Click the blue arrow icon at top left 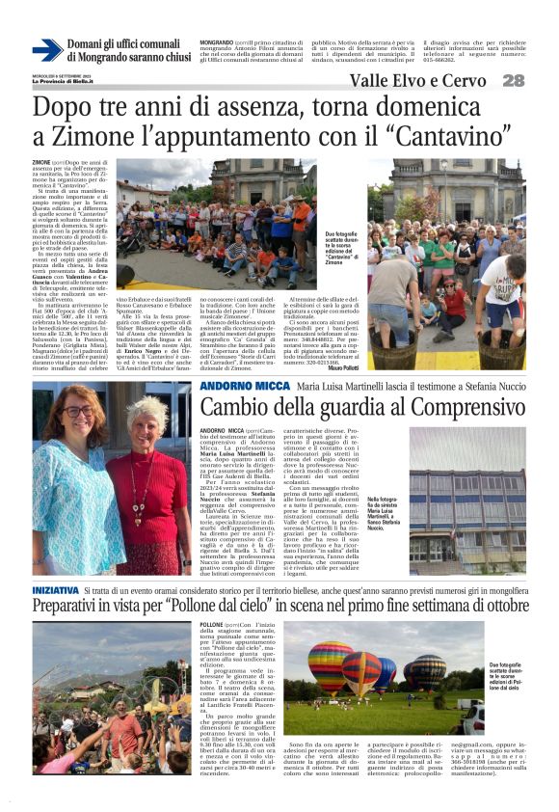coord(47,49)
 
